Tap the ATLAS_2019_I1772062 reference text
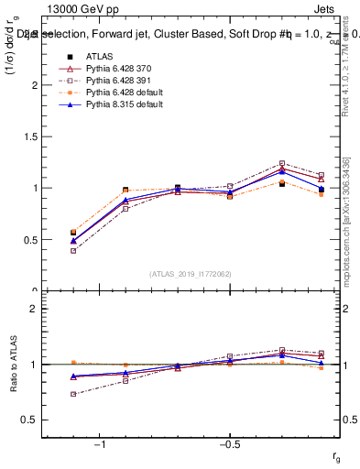coord(190,273)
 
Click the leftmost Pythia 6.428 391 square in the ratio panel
coord(73,394)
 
